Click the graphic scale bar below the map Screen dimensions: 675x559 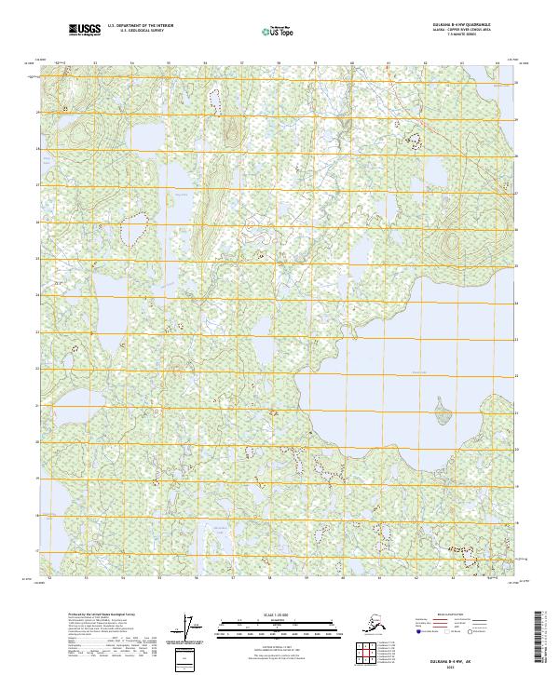point(264,627)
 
